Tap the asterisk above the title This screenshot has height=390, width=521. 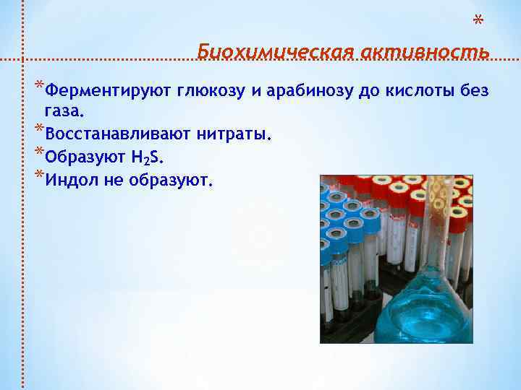point(478,20)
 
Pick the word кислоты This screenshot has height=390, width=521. point(422,91)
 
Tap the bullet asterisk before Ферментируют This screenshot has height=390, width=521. point(38,87)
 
